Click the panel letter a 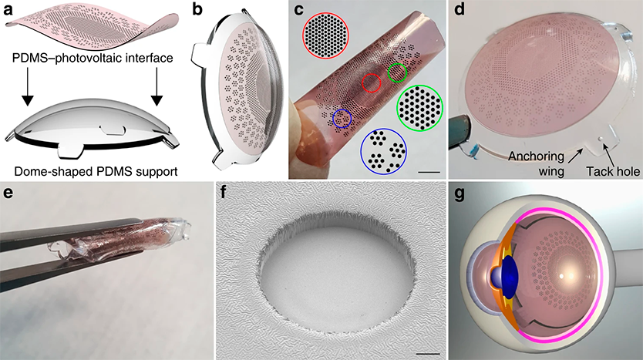pos(8,9)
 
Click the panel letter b pos(197,9)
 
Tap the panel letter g pos(459,193)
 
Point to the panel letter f pos(224,192)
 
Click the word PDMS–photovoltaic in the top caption pos(69,58)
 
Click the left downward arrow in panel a pos(27,87)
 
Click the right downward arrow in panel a pos(157,87)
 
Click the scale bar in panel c pos(429,172)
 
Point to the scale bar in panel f pos(428,352)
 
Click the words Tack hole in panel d pos(613,171)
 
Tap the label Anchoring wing pos(537,163)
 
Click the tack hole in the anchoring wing pos(600,139)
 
